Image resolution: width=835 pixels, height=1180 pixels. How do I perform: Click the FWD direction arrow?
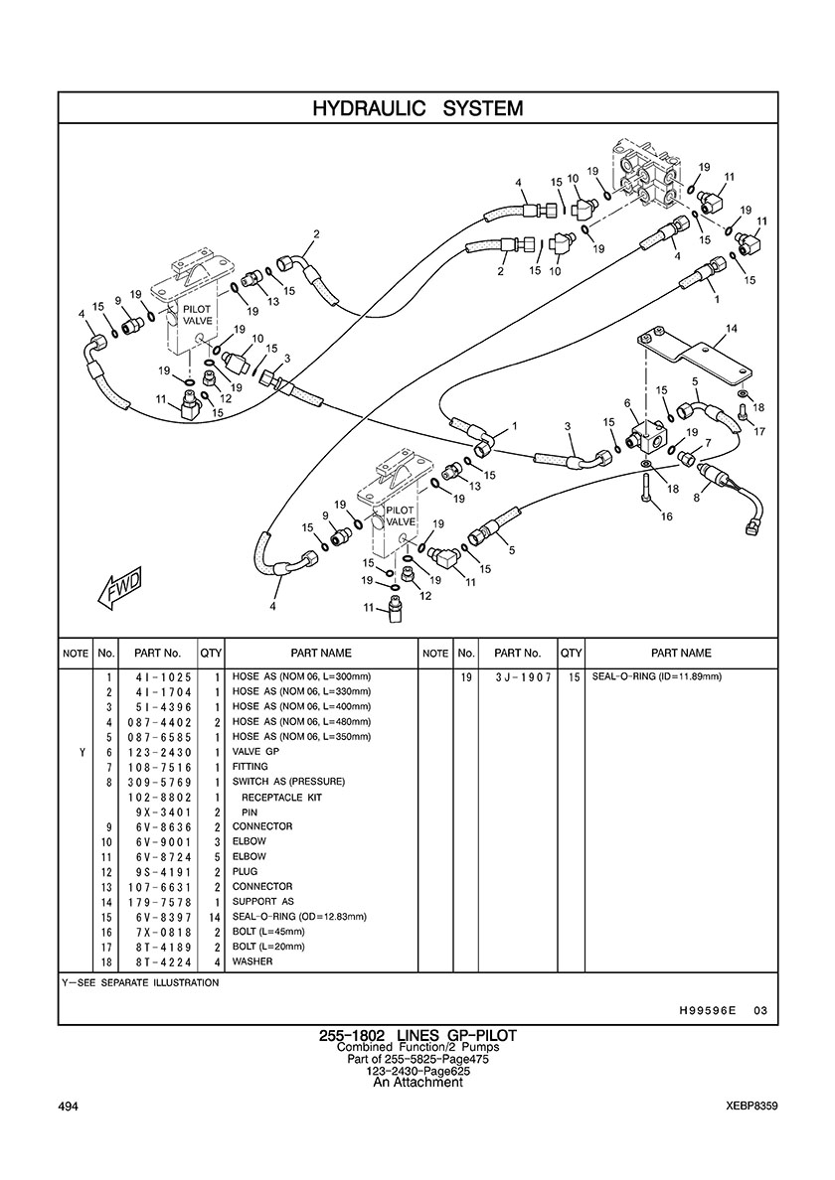tap(120, 588)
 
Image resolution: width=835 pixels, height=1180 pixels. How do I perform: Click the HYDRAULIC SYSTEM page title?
tap(417, 108)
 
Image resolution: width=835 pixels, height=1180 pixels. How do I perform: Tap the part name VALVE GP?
tap(256, 752)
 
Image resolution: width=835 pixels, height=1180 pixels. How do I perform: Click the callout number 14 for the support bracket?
tap(732, 328)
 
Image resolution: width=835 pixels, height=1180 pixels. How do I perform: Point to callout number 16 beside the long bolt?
tap(667, 516)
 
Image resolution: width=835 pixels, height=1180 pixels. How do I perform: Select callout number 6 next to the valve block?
tap(627, 402)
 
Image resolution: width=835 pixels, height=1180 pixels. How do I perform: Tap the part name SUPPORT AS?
tap(263, 902)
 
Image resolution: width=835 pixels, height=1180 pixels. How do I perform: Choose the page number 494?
tap(69, 1106)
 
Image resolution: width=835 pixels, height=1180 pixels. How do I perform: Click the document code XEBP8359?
tap(751, 1106)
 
